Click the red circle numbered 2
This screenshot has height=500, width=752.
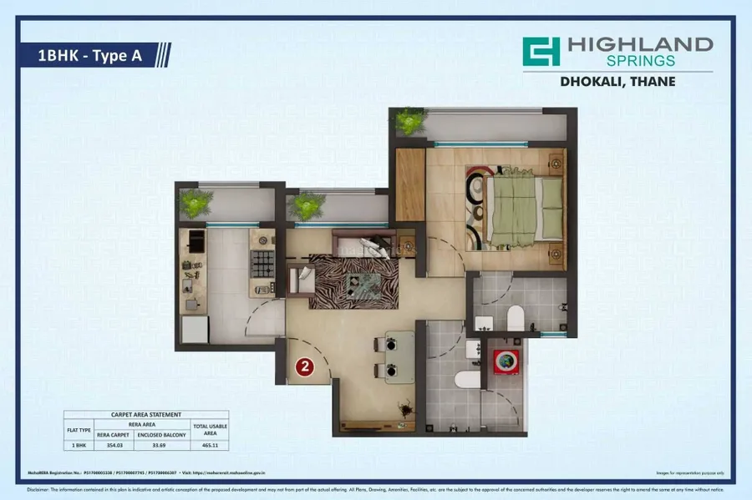(x=305, y=366)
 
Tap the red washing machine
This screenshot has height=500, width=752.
(x=504, y=361)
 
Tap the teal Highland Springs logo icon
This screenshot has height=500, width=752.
(x=541, y=51)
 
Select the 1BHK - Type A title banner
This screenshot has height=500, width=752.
(x=93, y=56)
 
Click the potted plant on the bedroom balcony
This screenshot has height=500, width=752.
(x=409, y=123)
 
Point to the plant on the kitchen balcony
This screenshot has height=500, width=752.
(x=196, y=203)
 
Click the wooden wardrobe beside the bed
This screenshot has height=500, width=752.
(x=410, y=184)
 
